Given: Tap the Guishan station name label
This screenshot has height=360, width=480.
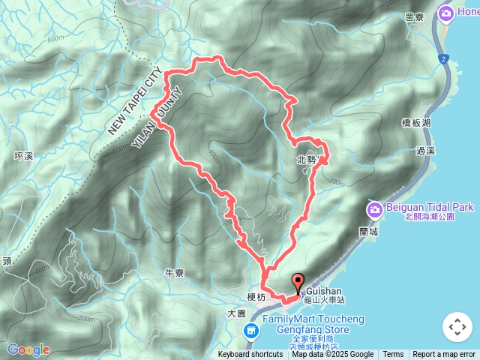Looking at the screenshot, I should pyautogui.click(x=324, y=291).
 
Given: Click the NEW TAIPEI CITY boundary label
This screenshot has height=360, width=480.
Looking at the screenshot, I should pyautogui.click(x=135, y=103).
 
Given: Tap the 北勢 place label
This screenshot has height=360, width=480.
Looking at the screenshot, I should pyautogui.click(x=306, y=159).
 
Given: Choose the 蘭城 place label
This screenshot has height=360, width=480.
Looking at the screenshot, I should pyautogui.click(x=367, y=232).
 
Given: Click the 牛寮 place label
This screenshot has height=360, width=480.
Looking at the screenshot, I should pyautogui.click(x=174, y=273).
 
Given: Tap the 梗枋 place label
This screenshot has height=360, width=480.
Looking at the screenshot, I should pyautogui.click(x=256, y=297).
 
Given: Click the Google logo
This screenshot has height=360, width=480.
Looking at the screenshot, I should pyautogui.click(x=28, y=349).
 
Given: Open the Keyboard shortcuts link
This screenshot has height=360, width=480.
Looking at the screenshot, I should pyautogui.click(x=250, y=355).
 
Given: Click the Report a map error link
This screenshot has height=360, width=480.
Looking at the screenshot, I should pyautogui.click(x=444, y=355).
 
